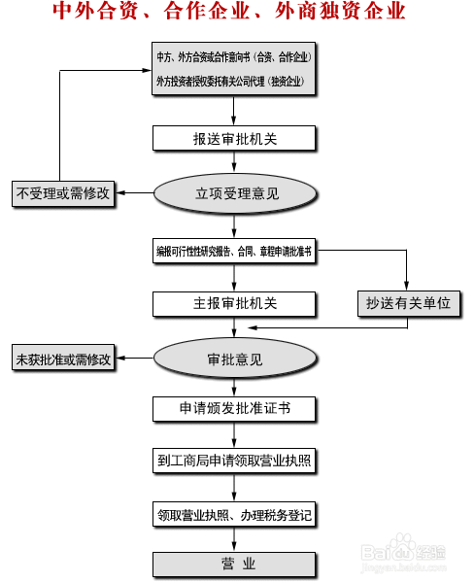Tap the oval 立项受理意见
coord(235,193)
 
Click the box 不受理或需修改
coord(63,193)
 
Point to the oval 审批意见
coord(235,359)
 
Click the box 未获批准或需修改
coord(63,359)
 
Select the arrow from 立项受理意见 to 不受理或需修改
coord(136,193)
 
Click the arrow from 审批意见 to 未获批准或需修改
coord(136,359)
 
